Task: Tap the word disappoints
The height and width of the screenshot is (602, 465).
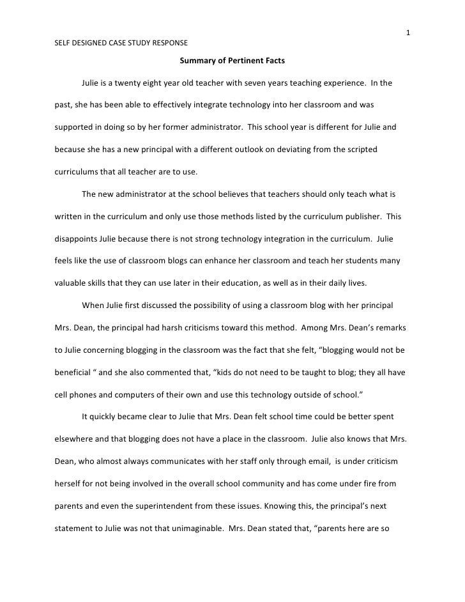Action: coord(73,238)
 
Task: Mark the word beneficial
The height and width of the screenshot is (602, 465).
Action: coord(70,371)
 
